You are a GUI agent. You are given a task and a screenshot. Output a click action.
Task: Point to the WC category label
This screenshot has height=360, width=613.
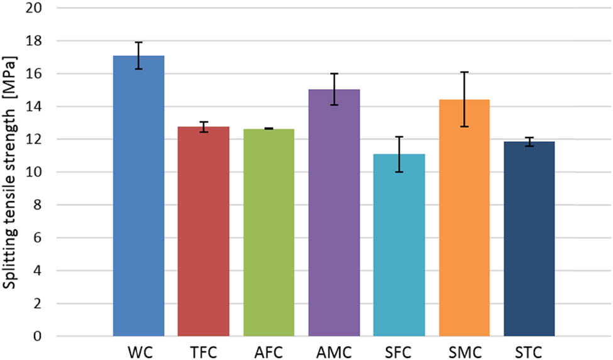tap(138, 349)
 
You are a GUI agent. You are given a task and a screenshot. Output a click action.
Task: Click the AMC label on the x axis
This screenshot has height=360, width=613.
tap(334, 349)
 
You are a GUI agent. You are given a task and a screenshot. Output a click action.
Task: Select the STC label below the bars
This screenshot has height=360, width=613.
tap(529, 349)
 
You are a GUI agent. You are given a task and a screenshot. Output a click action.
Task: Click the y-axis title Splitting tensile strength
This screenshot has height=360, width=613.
tap(11, 172)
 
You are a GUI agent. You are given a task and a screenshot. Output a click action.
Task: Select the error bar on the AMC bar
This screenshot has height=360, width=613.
tap(334, 89)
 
